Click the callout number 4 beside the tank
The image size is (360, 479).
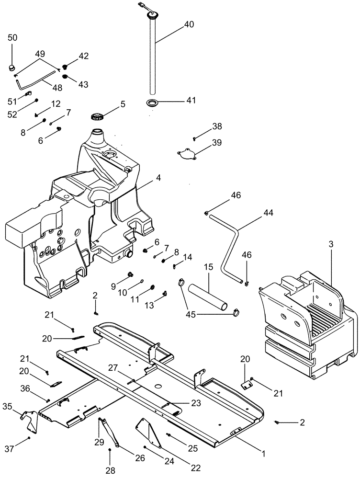pyautogui.click(x=158, y=178)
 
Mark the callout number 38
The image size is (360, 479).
pyautogui.click(x=217, y=126)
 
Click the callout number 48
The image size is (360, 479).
pyautogui.click(x=57, y=88)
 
